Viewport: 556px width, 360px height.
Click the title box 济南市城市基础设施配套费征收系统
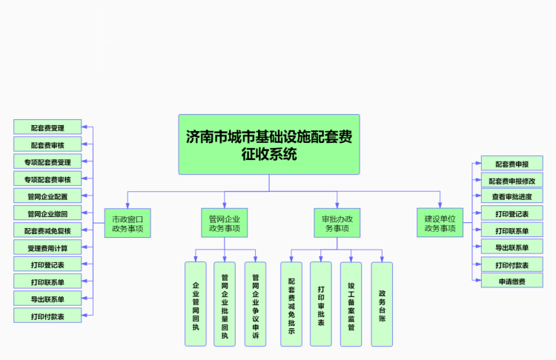pos(268,144)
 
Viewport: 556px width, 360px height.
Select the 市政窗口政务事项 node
pos(128,223)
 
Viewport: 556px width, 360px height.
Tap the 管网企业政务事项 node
pos(224,223)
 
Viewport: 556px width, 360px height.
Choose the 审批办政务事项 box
pos(337,223)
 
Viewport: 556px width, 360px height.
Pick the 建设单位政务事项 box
pos(440,223)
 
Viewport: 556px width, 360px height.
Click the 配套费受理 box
pos(47,127)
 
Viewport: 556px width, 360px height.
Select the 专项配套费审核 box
pos(47,179)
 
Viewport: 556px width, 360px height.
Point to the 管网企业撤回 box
pos(47,213)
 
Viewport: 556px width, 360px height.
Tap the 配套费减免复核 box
pos(47,230)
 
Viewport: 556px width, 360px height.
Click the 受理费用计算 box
pos(47,247)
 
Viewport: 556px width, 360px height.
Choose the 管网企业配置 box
pos(47,196)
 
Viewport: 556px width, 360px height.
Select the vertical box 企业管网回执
pos(196,304)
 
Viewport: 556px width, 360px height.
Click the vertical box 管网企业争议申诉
pos(255,304)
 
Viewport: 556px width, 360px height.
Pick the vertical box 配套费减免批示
pos(291,304)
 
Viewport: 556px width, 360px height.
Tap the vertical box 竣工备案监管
pos(351,304)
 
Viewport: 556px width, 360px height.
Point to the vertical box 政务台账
pos(382,304)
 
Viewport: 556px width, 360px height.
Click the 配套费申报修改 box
pos(512,180)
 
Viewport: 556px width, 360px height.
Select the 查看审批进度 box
pos(512,197)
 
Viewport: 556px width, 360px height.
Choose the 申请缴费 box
pos(512,281)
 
